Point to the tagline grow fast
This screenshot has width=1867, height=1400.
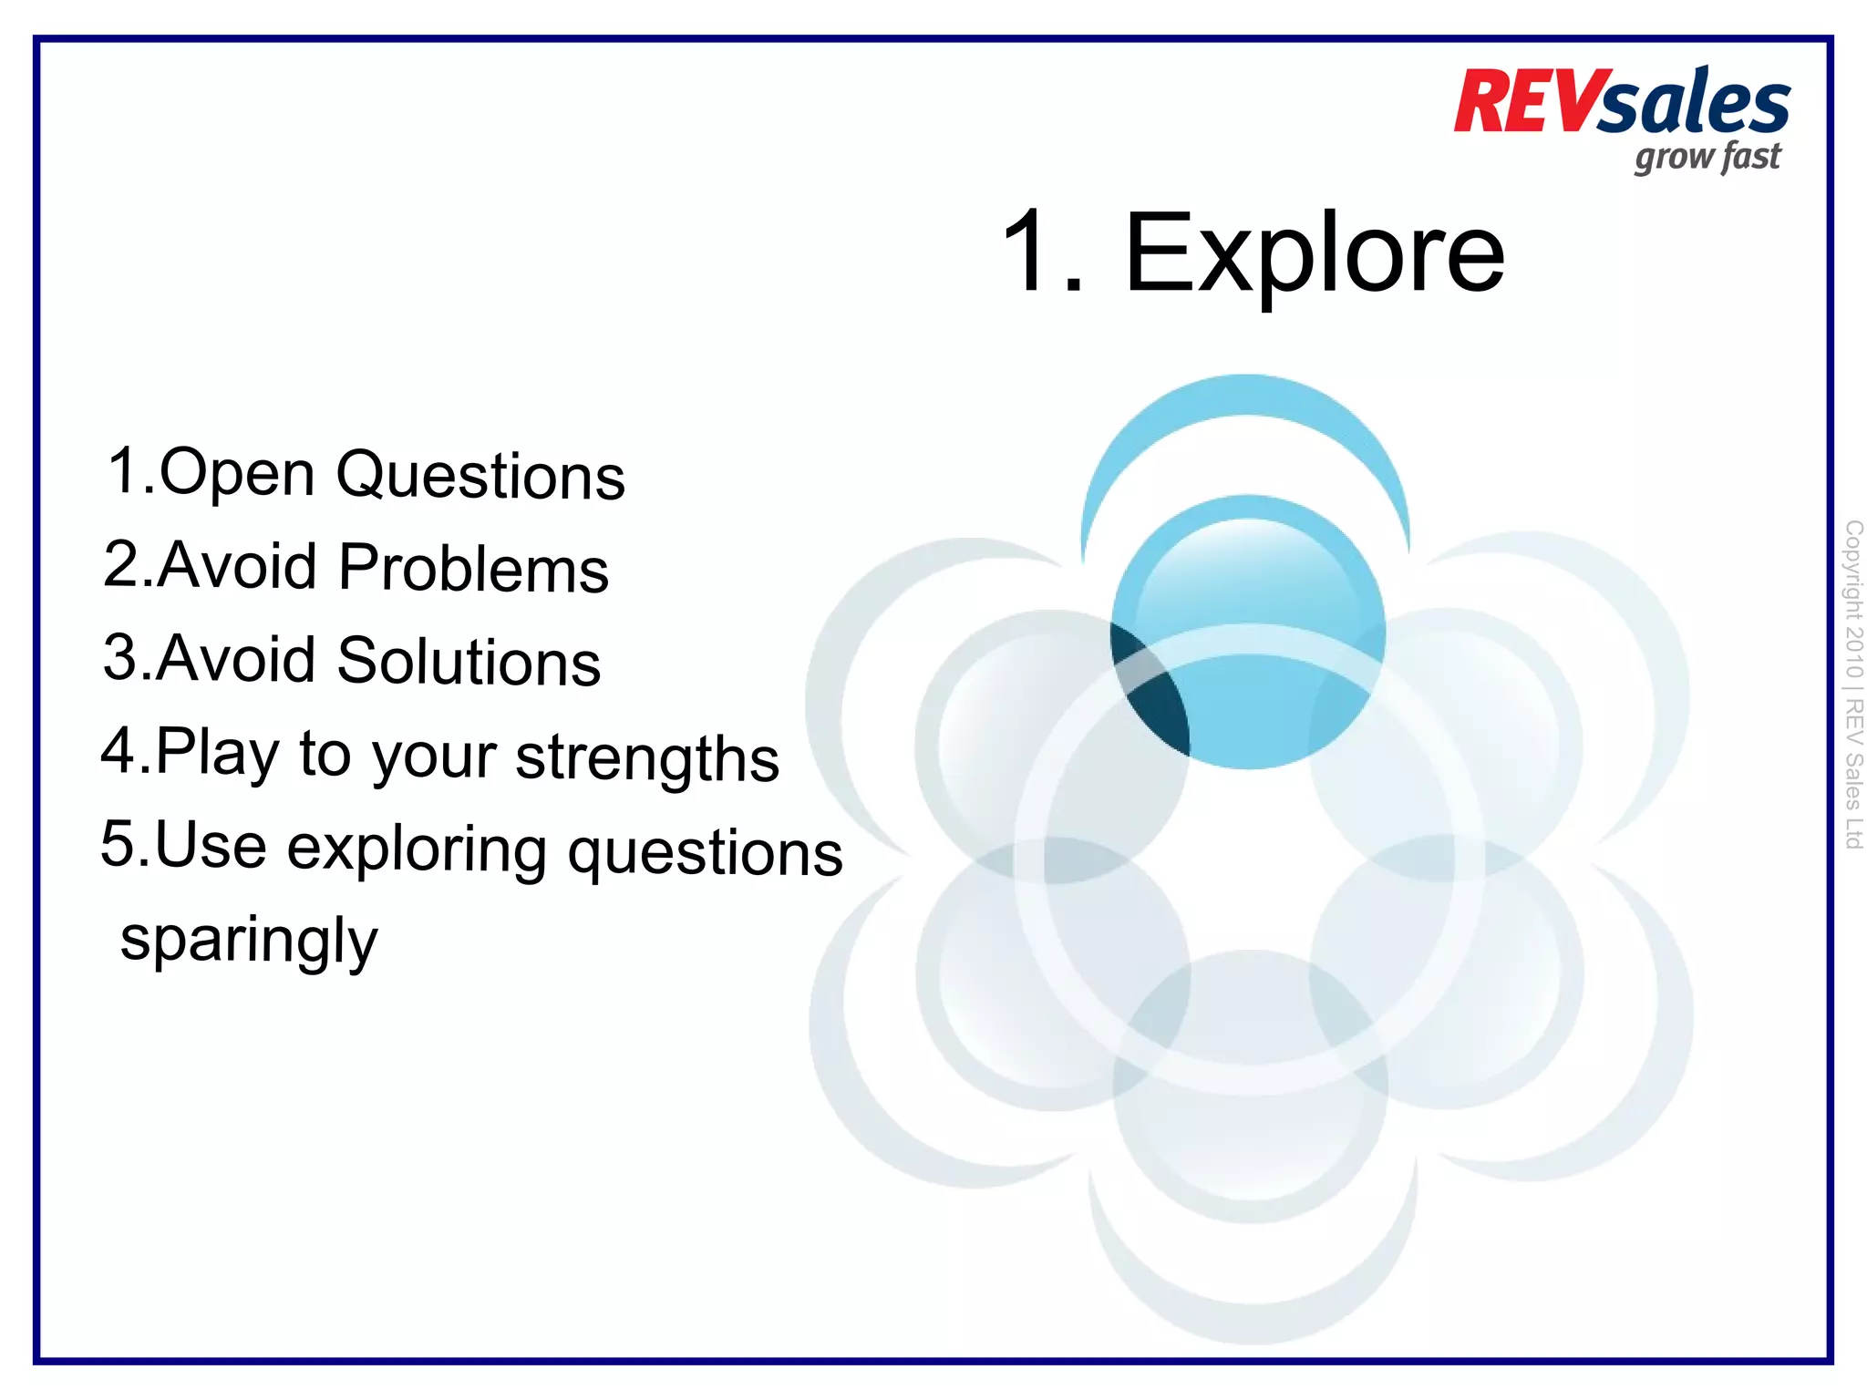click(1707, 158)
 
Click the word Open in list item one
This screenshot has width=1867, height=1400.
click(237, 474)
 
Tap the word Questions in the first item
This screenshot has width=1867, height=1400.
click(480, 477)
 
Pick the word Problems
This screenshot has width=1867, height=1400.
click(473, 569)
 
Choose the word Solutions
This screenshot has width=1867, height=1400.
click(469, 662)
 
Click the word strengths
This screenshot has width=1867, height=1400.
click(647, 757)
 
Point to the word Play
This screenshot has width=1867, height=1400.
click(217, 754)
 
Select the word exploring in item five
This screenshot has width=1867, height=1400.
click(418, 849)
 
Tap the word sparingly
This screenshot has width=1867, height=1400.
click(249, 942)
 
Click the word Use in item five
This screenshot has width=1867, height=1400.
click(211, 845)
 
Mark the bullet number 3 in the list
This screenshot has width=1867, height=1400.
click(119, 657)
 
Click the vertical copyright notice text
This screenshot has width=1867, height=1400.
click(1852, 684)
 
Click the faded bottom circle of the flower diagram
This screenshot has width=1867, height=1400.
click(1251, 1130)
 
